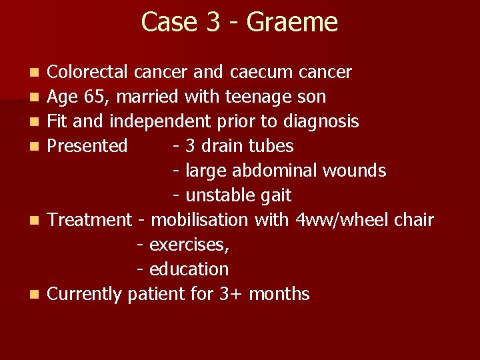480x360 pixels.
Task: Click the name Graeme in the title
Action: (292, 22)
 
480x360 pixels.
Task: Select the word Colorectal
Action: (90, 72)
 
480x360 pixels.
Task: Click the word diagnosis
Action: (321, 122)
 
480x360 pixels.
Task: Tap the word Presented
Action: (87, 146)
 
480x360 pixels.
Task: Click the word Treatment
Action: (90, 220)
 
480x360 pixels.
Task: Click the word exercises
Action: (189, 245)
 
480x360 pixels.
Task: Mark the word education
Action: (189, 269)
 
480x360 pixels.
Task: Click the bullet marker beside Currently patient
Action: (35, 294)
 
